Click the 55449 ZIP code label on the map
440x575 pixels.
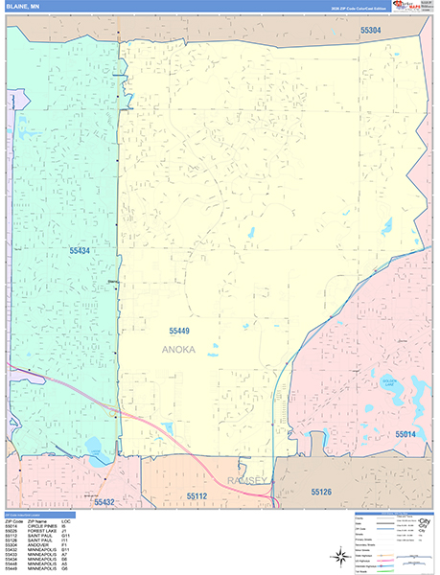click(x=180, y=332)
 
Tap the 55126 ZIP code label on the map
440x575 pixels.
click(x=326, y=491)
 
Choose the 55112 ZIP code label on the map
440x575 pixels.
click(x=197, y=495)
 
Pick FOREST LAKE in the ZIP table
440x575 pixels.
click(x=38, y=531)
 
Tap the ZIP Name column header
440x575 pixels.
click(x=36, y=520)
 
